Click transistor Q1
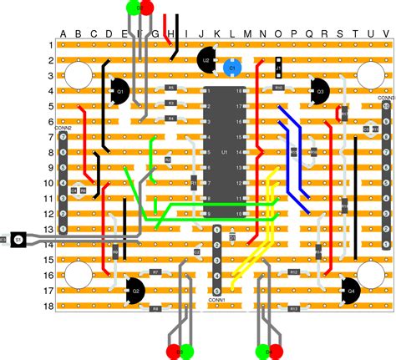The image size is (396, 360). coord(119,90)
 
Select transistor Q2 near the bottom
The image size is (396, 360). coord(134,290)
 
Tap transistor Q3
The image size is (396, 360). coord(317,90)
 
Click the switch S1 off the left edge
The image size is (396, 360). coord(18,239)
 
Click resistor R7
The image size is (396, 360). coord(155,272)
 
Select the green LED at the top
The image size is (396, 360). coord(133,8)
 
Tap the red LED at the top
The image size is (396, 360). coord(147,8)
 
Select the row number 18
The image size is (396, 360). coord(49,307)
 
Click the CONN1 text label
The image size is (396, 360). coord(217,299)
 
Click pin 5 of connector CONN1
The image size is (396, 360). coord(217,288)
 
